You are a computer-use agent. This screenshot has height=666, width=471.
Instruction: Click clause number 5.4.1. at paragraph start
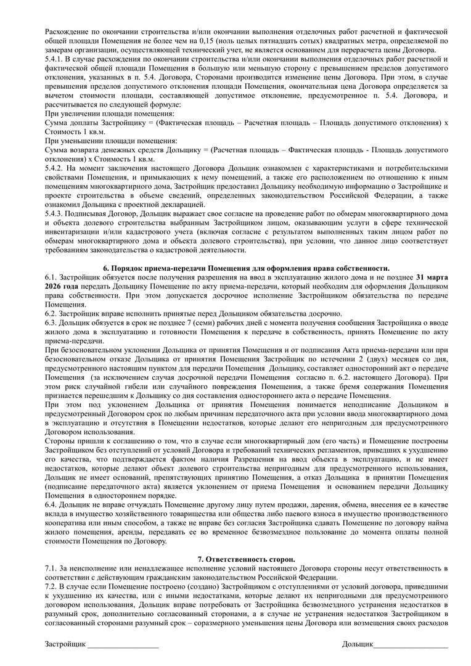point(56,59)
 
